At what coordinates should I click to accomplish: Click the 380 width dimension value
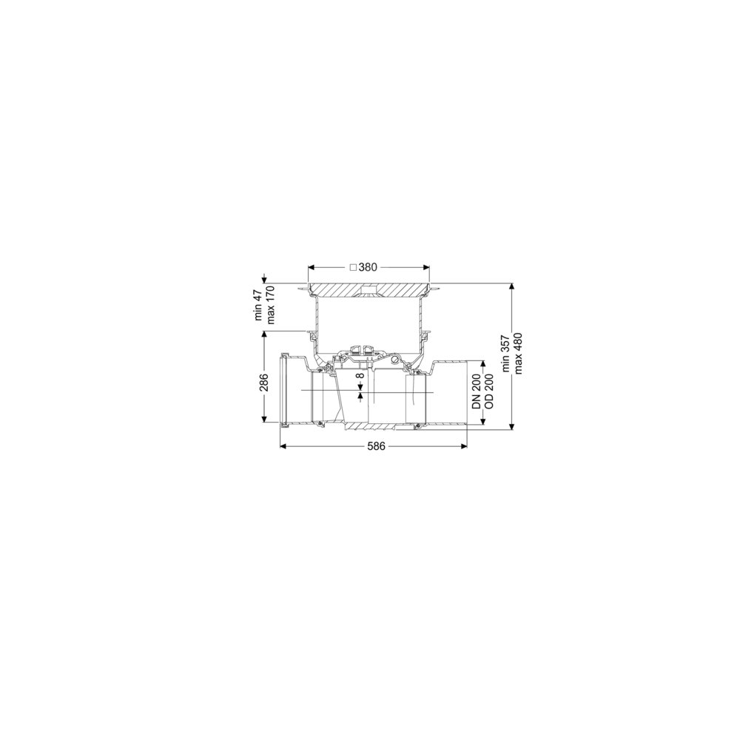368,267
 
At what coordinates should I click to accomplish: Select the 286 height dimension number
263,382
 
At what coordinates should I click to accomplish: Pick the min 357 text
507,354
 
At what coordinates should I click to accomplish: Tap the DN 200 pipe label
477,391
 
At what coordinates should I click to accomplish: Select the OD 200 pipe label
489,391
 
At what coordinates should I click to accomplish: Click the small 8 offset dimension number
360,376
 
